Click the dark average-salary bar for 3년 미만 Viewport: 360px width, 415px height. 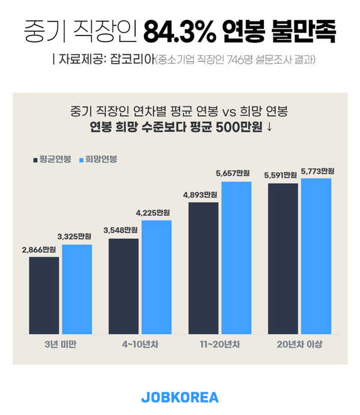pyautogui.click(x=44, y=295)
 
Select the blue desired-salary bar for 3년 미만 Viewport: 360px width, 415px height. pyautogui.click(x=77, y=289)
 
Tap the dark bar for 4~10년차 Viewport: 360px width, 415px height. pyautogui.click(x=123, y=286)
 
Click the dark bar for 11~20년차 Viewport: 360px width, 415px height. pyautogui.click(x=203, y=268)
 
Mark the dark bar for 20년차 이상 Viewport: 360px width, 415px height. pyautogui.click(x=283, y=258)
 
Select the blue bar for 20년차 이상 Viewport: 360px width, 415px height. pyautogui.click(x=316, y=256)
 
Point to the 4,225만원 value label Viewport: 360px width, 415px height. pyautogui.click(x=153, y=212)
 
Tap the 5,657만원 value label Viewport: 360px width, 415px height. pyautogui.click(x=233, y=174)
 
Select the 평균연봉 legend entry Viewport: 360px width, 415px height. pyautogui.click(x=52, y=160)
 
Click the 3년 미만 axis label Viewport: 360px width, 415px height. pyautogui.click(x=60, y=344)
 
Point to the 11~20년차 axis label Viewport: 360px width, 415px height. pyautogui.click(x=220, y=344)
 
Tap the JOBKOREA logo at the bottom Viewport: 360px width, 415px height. pyautogui.click(x=180, y=398)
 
